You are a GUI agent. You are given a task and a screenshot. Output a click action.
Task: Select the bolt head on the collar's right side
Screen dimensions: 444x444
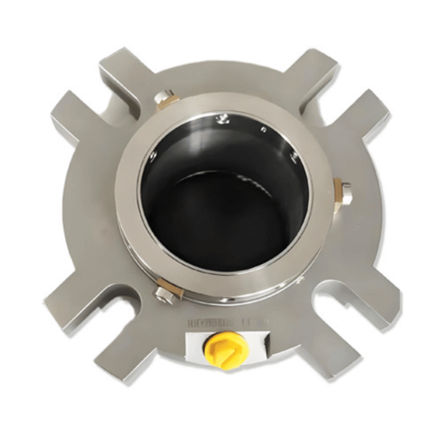coord(346,194)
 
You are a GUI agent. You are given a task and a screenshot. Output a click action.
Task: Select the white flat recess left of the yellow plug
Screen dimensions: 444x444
coord(195,347)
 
